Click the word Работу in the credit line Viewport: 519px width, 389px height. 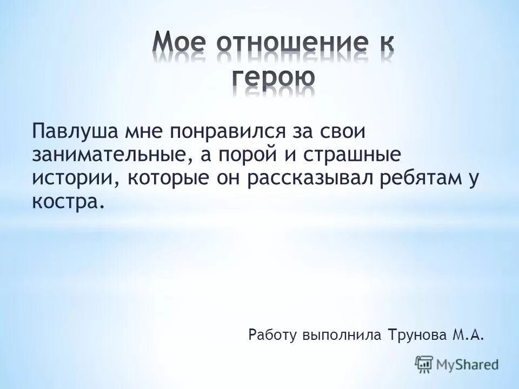pyautogui.click(x=272, y=336)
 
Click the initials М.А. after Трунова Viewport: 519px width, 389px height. pyautogui.click(x=467, y=336)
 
